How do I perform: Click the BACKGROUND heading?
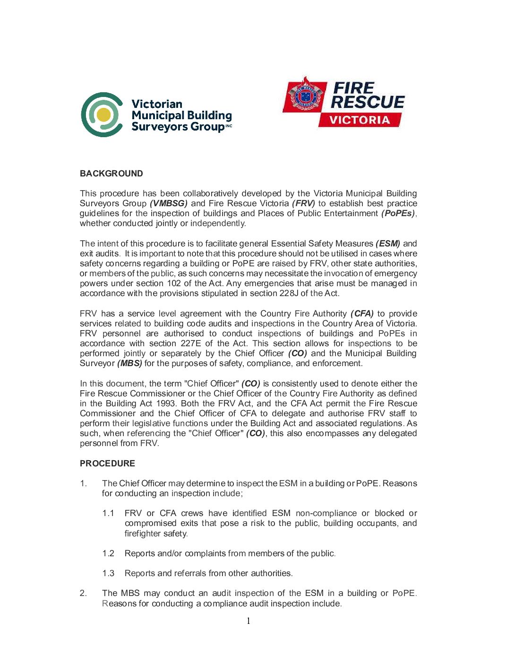[111, 174]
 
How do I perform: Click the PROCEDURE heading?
[107, 464]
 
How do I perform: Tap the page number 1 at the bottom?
[248, 621]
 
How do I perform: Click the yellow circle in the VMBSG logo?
[103, 114]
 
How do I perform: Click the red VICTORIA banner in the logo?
[360, 120]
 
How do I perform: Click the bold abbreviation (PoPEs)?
[398, 213]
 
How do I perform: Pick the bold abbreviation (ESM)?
[388, 244]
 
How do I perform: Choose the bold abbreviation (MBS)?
[129, 363]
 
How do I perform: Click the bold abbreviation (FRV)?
[303, 203]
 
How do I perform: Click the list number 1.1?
[108, 513]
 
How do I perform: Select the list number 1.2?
[108, 553]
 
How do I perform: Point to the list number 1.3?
[108, 573]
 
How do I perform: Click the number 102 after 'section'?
[173, 283]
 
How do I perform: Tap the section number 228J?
[289, 293]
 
